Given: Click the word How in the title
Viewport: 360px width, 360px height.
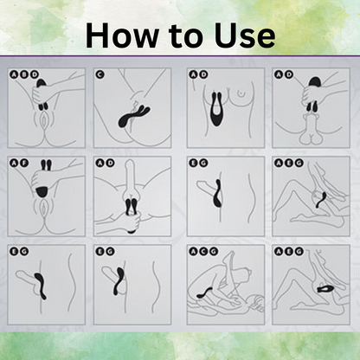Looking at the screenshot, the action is click(x=122, y=35).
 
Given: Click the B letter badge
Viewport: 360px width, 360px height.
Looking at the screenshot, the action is click(x=23, y=74).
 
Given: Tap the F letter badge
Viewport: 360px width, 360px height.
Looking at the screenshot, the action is click(x=23, y=163).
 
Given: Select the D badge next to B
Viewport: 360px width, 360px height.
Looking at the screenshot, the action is click(x=34, y=74).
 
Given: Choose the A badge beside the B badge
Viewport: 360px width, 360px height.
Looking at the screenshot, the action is click(x=14, y=74).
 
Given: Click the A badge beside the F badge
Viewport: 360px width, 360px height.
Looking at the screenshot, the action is click(x=14, y=163).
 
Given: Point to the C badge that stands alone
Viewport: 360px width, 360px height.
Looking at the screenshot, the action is click(x=100, y=74).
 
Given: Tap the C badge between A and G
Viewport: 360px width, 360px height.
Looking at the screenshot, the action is click(x=203, y=252).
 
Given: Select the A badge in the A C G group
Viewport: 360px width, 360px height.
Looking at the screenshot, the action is click(x=193, y=252).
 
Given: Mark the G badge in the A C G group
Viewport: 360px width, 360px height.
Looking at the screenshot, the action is click(x=214, y=252).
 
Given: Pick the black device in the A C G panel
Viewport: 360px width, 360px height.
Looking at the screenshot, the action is click(x=205, y=292).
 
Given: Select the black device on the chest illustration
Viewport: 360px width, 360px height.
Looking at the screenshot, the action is click(x=217, y=109).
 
